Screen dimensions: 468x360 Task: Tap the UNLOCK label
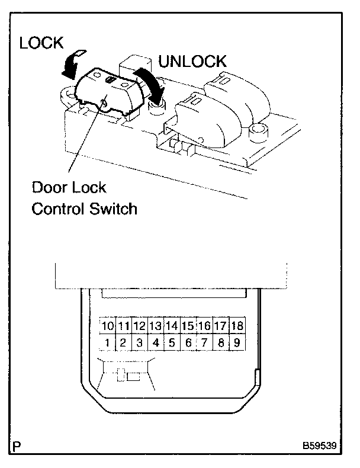(x=192, y=61)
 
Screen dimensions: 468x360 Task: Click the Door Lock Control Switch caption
(x=84, y=198)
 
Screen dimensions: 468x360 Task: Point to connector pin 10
(x=107, y=326)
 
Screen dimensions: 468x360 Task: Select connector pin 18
(x=237, y=326)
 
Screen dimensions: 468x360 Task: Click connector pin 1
(x=107, y=342)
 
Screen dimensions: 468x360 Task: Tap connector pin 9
(x=237, y=342)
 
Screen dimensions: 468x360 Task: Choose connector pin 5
(x=172, y=342)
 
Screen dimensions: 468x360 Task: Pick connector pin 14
(x=172, y=326)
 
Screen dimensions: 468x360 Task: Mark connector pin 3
(x=140, y=342)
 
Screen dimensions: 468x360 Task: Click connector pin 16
(x=204, y=326)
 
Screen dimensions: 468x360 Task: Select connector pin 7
(x=204, y=342)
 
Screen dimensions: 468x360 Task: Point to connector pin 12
(x=140, y=326)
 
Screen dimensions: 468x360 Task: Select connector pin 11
(x=123, y=326)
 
